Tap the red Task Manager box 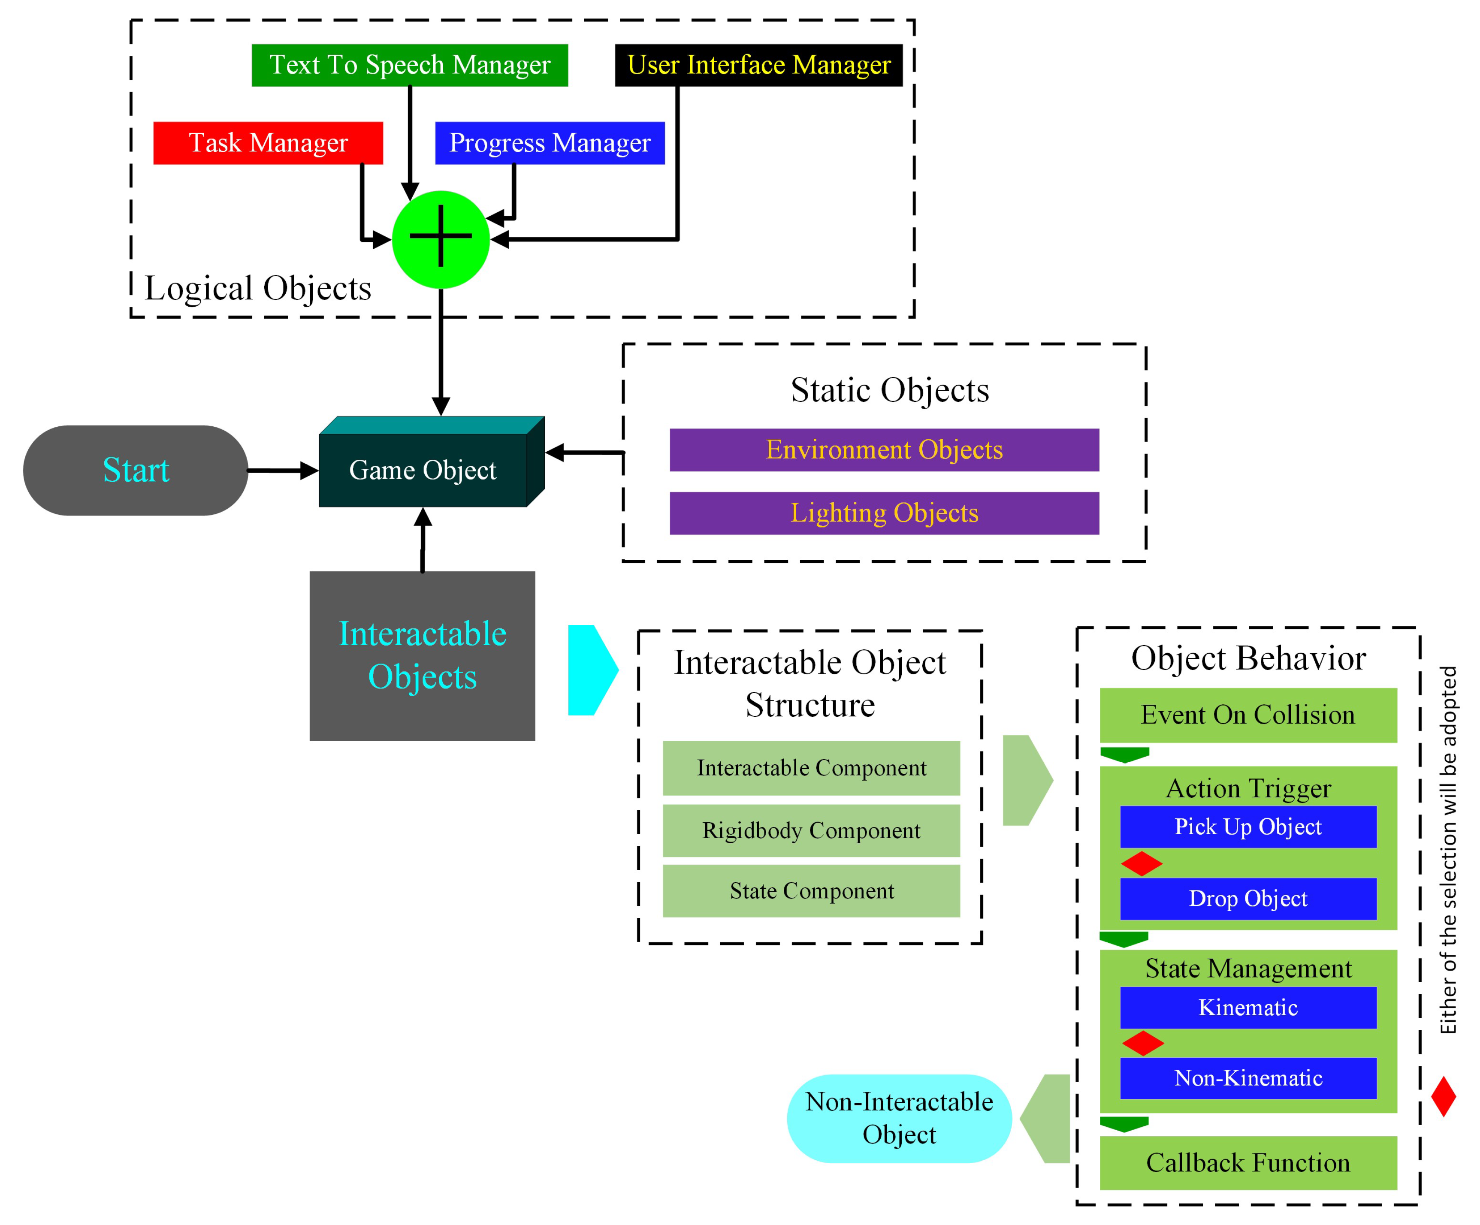[268, 143]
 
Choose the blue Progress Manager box [550, 143]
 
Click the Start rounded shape [135, 470]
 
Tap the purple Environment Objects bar [884, 450]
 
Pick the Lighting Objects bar [884, 513]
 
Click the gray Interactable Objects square [422, 655]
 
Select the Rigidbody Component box [811, 830]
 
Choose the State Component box [811, 891]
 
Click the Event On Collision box [1247, 715]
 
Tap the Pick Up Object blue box [1247, 827]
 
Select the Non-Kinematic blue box [1247, 1078]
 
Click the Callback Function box [1247, 1162]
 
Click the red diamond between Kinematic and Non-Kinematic [1142, 1043]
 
